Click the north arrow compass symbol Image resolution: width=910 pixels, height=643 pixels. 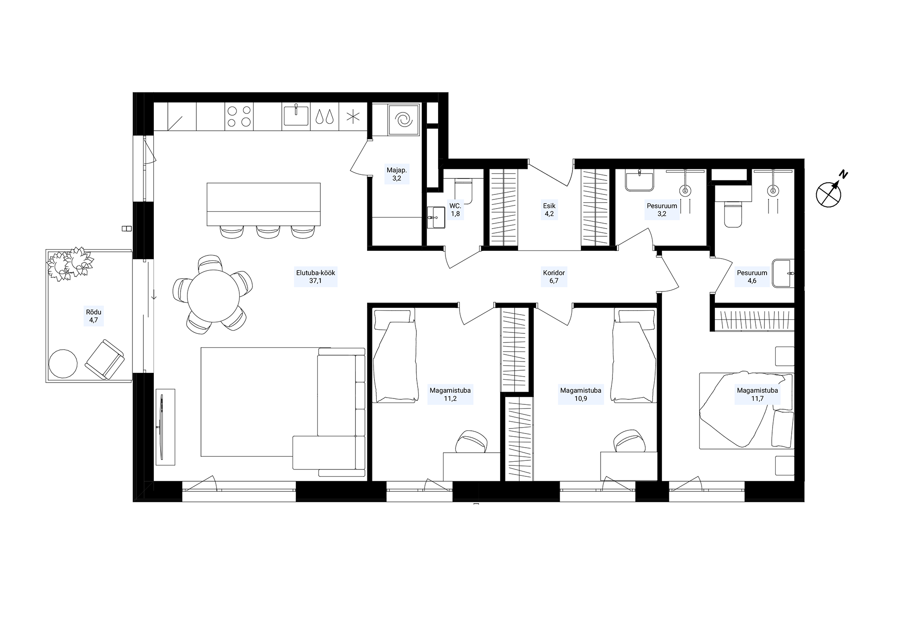click(829, 194)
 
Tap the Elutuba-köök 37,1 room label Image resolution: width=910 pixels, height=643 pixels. click(316, 277)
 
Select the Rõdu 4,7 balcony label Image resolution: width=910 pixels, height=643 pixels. click(94, 316)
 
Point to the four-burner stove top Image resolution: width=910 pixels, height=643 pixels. click(239, 116)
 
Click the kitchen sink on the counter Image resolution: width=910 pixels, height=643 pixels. click(296, 115)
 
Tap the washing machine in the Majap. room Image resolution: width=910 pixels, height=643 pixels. click(403, 120)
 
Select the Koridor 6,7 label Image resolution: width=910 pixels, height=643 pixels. click(554, 277)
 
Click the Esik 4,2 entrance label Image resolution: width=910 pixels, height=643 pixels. click(549, 210)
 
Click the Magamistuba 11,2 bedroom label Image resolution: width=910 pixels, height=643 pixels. click(450, 394)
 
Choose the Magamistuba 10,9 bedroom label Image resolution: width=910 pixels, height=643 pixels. click(581, 394)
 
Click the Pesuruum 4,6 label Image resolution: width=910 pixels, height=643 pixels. click(752, 277)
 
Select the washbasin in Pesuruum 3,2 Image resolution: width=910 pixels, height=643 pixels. click(639, 180)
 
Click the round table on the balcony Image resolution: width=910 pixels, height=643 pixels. click(63, 363)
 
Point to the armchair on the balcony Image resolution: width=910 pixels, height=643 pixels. click(105, 359)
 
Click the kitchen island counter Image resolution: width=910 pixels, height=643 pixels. click(263, 204)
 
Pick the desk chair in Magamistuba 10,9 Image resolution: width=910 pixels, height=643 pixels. click(629, 441)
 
